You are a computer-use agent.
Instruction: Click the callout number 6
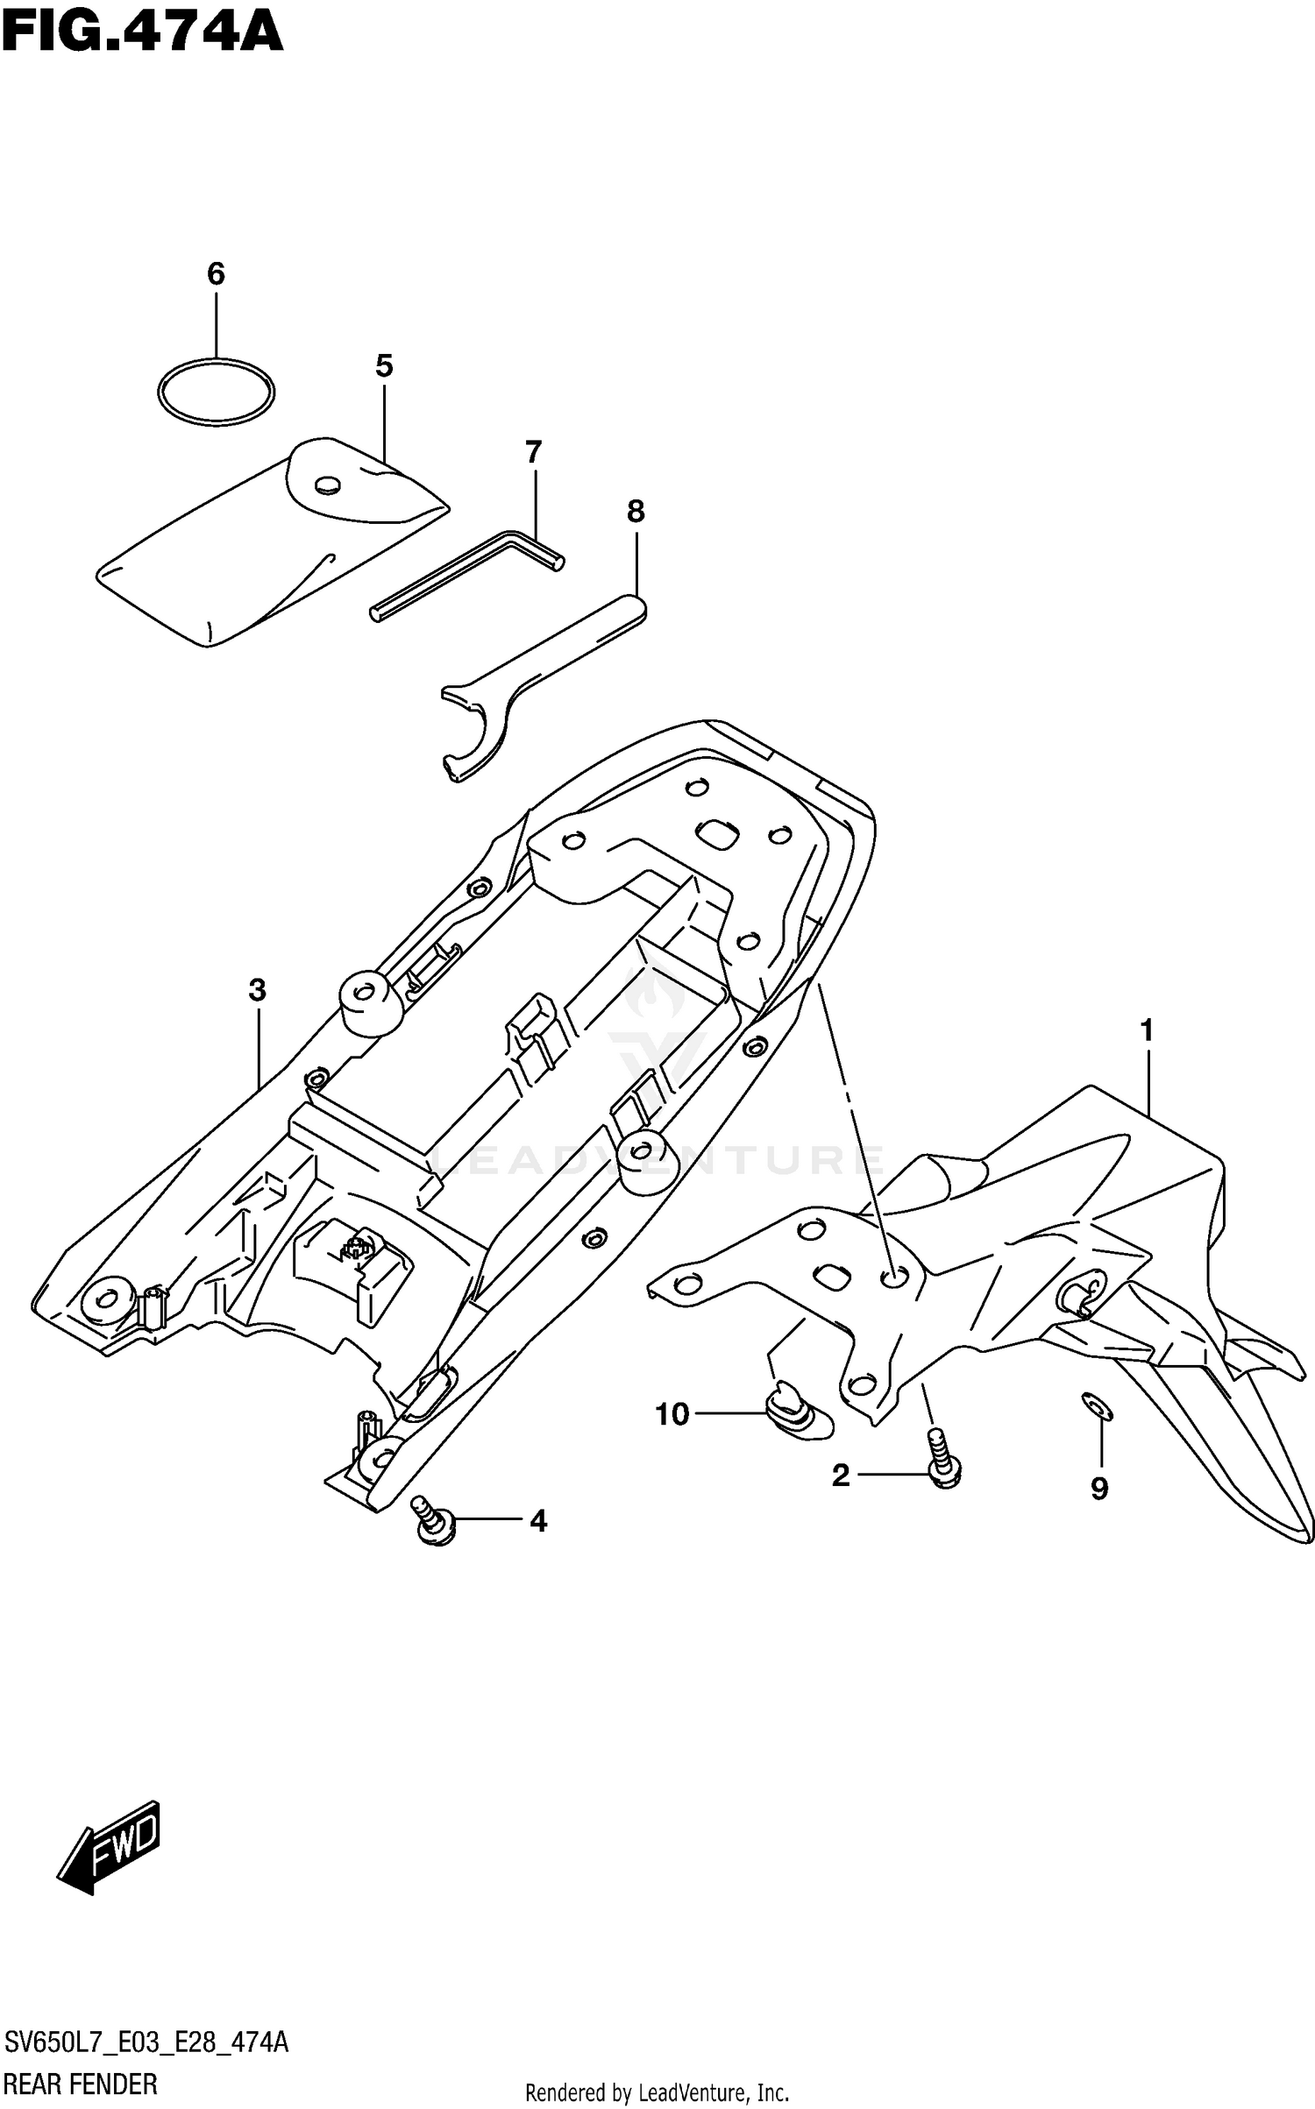pos(216,274)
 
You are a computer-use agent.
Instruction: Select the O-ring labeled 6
pos(216,361)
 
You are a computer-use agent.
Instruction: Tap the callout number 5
pos(384,366)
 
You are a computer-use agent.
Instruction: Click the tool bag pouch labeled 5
pos(263,552)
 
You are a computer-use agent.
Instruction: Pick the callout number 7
pos(533,453)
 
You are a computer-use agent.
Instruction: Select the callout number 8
pos(636,512)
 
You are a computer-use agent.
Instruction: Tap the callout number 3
pos(256,990)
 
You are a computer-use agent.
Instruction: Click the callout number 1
pos(1146,1031)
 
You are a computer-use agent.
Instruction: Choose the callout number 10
pos(672,1415)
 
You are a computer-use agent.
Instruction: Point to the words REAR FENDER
pos(81,2082)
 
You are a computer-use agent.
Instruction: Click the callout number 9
pos(1099,1489)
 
